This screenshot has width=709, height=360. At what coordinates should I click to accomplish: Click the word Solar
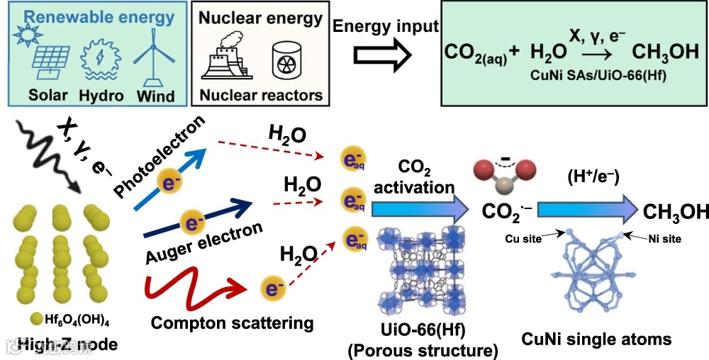coord(48,94)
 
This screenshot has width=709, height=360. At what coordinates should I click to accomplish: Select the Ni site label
coord(665,239)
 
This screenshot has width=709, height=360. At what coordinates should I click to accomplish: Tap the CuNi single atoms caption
coord(596,339)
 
